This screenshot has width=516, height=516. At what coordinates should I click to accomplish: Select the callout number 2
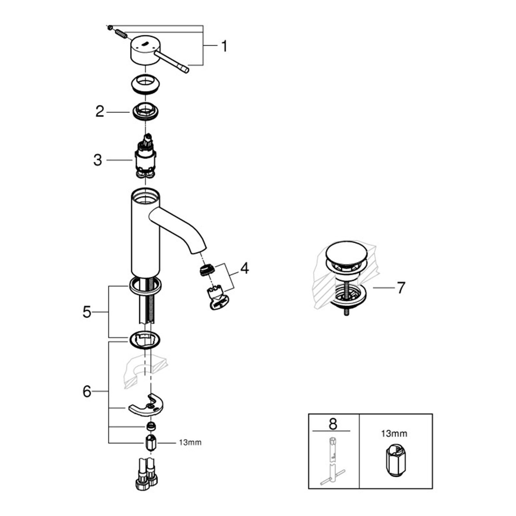[100, 112]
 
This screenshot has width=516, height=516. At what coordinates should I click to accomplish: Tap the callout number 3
[97, 160]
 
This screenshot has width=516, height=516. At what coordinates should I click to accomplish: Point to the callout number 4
[245, 268]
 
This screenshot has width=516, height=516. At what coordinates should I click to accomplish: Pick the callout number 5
[87, 312]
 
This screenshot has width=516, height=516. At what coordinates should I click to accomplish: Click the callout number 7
[401, 288]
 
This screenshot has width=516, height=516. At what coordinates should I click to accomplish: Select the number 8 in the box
[333, 424]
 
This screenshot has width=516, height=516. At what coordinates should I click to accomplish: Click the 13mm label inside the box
[394, 434]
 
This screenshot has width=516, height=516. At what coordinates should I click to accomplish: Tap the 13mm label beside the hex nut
[190, 442]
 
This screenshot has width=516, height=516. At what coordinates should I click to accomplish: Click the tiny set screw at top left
[110, 28]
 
